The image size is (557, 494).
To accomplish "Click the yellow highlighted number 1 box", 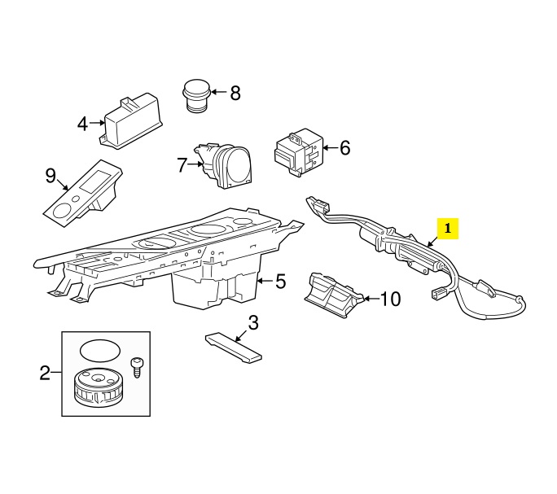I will [448, 229].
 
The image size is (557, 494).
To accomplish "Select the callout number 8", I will [235, 93].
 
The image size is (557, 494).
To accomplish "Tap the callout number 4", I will [82, 124].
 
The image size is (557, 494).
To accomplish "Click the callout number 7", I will [182, 164].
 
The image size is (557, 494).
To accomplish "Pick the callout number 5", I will [280, 282].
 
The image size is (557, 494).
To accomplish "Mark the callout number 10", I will [391, 299].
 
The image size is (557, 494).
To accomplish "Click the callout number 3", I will [252, 323].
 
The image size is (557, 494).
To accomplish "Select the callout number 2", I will [46, 374].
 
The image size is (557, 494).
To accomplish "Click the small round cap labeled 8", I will [195, 94].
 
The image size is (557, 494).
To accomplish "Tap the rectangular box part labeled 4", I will [130, 120].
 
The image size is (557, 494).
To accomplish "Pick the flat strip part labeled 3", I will [233, 347].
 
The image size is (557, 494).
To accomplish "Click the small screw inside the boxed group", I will [136, 365].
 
